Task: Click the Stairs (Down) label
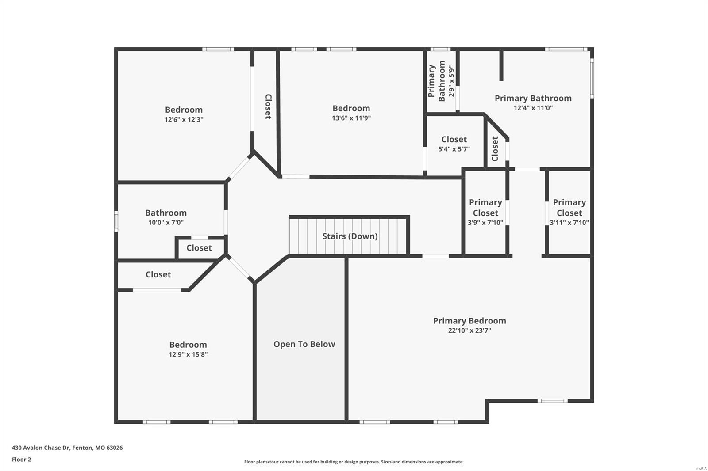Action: point(350,236)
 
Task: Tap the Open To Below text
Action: point(304,344)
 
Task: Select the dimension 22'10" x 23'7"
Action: point(469,330)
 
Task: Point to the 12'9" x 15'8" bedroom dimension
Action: point(188,354)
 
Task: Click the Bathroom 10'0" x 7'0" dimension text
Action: point(166,223)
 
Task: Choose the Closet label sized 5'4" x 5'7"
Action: point(454,140)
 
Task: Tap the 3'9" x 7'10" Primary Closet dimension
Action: point(485,223)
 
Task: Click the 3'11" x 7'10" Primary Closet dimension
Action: point(569,223)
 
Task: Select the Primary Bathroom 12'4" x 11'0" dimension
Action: point(533,108)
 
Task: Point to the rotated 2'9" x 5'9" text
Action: point(451,81)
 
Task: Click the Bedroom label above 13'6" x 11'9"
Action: point(351,108)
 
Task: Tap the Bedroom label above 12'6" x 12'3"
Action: point(184,110)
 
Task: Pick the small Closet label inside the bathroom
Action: point(199,248)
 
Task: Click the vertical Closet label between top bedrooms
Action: point(268,106)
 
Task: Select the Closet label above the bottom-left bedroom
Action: point(158,274)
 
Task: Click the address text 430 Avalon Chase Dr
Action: point(67,448)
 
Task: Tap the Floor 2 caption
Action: point(21,460)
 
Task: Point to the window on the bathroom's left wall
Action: point(116,221)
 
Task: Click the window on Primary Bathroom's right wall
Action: point(592,80)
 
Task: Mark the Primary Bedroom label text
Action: point(469,321)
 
